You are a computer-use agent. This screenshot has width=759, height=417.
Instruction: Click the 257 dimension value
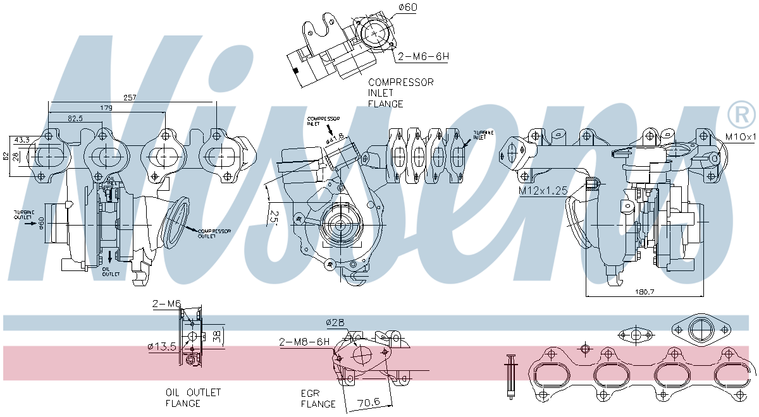click(130, 98)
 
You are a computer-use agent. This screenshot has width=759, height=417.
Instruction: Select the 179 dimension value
click(106, 109)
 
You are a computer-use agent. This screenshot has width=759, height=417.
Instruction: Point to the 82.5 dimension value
click(76, 118)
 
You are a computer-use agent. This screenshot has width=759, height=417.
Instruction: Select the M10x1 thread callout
click(741, 136)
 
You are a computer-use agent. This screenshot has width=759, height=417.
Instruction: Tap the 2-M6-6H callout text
click(423, 57)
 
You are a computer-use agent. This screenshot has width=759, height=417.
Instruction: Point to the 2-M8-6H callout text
click(304, 342)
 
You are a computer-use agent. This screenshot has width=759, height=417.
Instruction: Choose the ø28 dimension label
click(335, 323)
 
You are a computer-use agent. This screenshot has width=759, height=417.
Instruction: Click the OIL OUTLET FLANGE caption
click(193, 397)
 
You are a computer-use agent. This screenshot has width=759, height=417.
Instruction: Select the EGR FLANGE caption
click(318, 398)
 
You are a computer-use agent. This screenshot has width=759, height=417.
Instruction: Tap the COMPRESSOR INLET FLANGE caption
click(400, 92)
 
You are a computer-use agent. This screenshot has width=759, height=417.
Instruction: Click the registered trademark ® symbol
click(741, 114)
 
